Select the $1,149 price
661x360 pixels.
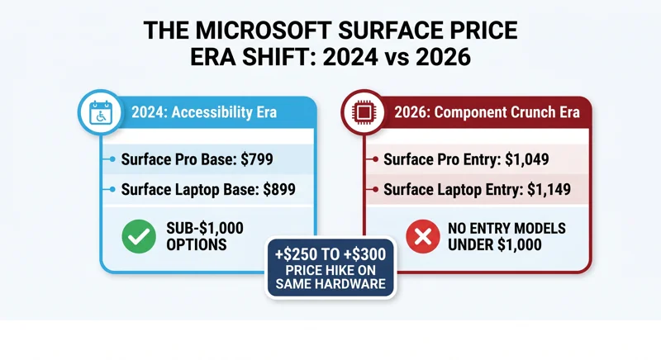(547, 189)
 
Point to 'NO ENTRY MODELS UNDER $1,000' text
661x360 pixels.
(493, 238)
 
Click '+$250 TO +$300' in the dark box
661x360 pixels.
(330, 253)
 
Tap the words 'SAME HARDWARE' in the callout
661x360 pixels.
(330, 285)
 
